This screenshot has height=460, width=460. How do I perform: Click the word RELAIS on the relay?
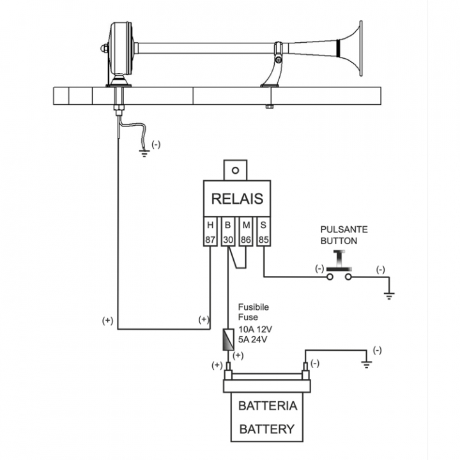[237, 199]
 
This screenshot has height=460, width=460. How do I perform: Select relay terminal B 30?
[228, 233]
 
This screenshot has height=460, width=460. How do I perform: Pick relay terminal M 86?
[246, 233]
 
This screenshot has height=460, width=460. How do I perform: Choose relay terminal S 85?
[263, 233]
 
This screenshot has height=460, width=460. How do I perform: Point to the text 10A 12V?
[256, 329]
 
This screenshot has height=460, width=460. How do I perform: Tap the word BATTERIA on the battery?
[268, 406]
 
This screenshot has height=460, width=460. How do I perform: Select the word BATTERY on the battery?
[268, 429]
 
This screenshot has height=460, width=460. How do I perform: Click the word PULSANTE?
[344, 229]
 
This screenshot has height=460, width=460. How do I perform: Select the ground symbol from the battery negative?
[367, 364]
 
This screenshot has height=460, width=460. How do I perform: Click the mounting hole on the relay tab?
[236, 171]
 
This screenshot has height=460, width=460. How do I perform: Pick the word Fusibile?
[253, 307]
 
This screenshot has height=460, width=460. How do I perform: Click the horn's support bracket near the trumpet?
[273, 70]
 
